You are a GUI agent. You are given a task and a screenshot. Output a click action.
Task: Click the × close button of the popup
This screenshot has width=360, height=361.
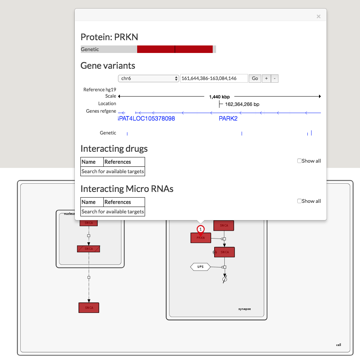318,17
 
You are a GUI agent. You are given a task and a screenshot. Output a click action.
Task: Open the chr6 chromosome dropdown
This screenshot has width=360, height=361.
148,79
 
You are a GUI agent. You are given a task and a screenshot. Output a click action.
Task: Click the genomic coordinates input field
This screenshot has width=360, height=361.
214,79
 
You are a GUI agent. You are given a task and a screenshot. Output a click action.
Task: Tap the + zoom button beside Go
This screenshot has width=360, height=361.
266,79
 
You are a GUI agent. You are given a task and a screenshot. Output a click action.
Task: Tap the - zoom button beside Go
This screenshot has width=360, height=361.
274,79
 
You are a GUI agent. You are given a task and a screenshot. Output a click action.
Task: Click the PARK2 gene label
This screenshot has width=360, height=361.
228,119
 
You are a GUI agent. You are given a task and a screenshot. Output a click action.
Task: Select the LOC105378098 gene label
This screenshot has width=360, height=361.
152,119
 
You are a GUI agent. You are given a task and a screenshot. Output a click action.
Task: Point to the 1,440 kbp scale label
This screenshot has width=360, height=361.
219,97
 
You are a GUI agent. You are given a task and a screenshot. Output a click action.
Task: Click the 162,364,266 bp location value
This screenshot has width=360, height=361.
242,104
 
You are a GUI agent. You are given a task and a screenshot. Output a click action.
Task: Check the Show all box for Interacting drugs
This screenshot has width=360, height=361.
299,161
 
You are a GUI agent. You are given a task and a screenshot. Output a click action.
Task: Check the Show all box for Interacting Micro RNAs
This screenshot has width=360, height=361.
299,201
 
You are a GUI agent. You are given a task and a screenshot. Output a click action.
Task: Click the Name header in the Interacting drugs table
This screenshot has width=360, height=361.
89,162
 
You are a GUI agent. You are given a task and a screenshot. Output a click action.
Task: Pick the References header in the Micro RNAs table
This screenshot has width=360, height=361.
118,202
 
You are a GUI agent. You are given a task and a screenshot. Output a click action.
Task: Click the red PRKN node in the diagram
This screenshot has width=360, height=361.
201,238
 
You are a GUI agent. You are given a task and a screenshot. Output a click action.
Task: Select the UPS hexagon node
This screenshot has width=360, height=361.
200,267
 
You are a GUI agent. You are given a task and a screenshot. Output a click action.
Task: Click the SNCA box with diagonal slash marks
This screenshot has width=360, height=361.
89,249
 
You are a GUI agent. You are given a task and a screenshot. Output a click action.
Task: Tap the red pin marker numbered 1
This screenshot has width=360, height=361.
201,229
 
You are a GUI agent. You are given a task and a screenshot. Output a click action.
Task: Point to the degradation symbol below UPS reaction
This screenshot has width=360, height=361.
225,279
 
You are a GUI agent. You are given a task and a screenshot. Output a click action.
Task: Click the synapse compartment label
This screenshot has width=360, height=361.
244,309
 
